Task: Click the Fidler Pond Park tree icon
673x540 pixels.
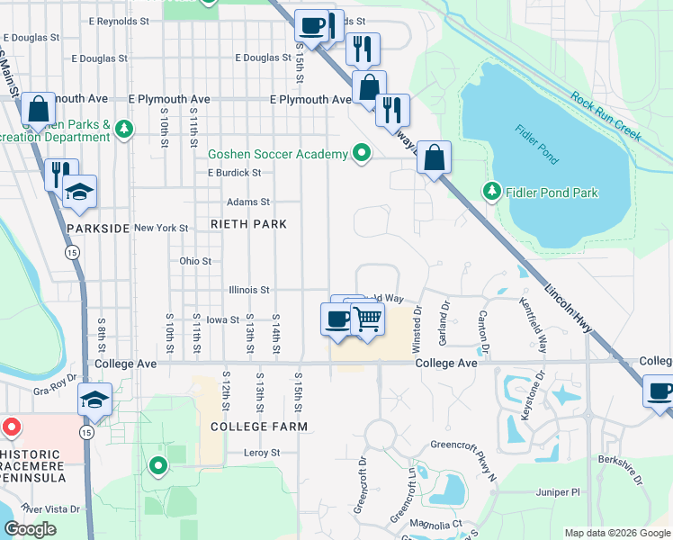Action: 491,191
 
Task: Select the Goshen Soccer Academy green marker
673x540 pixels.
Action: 362,154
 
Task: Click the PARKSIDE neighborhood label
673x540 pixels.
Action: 98,229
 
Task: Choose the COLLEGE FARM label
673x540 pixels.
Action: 259,426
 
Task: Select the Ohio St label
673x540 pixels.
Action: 195,261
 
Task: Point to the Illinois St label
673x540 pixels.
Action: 251,290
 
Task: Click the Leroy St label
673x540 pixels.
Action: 262,453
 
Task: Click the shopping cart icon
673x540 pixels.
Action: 366,319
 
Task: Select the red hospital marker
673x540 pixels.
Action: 12,425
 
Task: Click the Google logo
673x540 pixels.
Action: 30,529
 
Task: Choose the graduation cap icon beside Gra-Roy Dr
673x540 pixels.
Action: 94,400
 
